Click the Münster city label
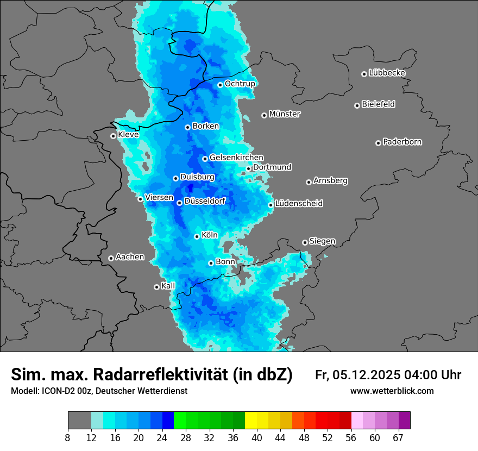pyautogui.click(x=285, y=114)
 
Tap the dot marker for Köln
pyautogui.click(x=197, y=236)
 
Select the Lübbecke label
pyautogui.click(x=387, y=73)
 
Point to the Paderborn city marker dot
pyautogui.click(x=379, y=143)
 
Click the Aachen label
pyautogui.click(x=130, y=256)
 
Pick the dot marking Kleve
pyautogui.click(x=114, y=136)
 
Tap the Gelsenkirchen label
pyautogui.click(x=236, y=158)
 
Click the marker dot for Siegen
pyautogui.click(x=305, y=242)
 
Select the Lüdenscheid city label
pyautogui.click(x=299, y=204)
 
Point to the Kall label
pyautogui.click(x=168, y=286)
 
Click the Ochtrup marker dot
pyautogui.click(x=221, y=85)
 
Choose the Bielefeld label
pyautogui.click(x=378, y=104)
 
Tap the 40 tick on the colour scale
pyautogui.click(x=257, y=437)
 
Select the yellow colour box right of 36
pyautogui.click(x=251, y=421)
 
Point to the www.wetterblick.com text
pyautogui.click(x=392, y=391)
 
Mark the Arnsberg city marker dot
pyautogui.click(x=309, y=182)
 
